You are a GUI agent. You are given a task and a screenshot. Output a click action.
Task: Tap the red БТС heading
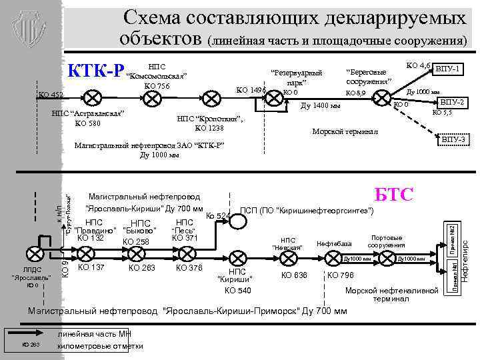click(x=394, y=195)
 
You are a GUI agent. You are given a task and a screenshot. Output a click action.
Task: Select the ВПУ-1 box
click(x=450, y=69)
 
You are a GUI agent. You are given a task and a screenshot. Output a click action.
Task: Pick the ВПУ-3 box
click(x=453, y=139)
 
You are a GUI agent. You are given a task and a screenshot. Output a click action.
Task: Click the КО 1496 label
click(x=251, y=90)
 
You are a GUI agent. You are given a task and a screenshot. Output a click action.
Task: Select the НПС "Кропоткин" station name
click(x=209, y=119)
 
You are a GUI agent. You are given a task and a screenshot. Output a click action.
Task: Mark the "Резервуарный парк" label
click(x=297, y=77)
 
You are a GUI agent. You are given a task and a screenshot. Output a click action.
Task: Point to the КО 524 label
click(x=218, y=215)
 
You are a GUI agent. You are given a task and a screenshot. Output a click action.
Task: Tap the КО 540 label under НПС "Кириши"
click(x=237, y=291)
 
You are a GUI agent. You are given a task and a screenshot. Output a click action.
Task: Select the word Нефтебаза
click(x=334, y=243)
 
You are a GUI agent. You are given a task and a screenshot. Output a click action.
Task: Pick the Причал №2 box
click(x=451, y=239)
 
